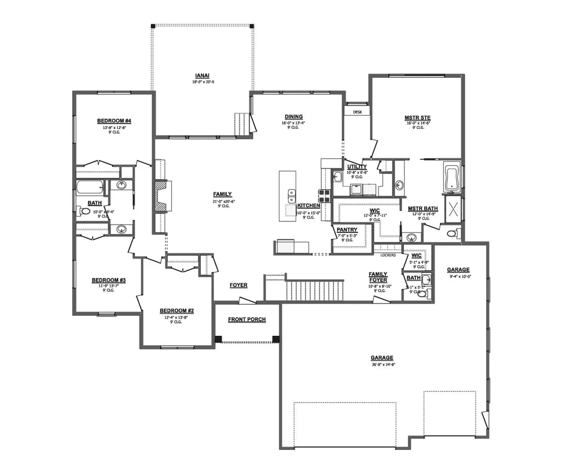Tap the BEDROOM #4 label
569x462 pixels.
pos(114,121)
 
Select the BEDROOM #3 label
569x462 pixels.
pos(108,280)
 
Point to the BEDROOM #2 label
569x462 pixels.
pos(176,311)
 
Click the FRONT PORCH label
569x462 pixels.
pos(247,320)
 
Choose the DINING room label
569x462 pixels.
pos(293,117)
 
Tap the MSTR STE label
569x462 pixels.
pos(418,117)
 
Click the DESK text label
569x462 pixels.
pos(357,112)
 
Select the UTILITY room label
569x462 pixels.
pos(357,167)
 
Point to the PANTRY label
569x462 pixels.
pos(347,230)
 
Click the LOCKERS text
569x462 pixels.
pos(388,255)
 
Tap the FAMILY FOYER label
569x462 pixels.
pos(378,277)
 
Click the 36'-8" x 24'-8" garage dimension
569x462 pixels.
pos(382,365)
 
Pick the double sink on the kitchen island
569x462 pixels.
pos(291,196)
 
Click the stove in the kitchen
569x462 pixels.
pos(325,195)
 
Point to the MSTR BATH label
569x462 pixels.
pos(421,209)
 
